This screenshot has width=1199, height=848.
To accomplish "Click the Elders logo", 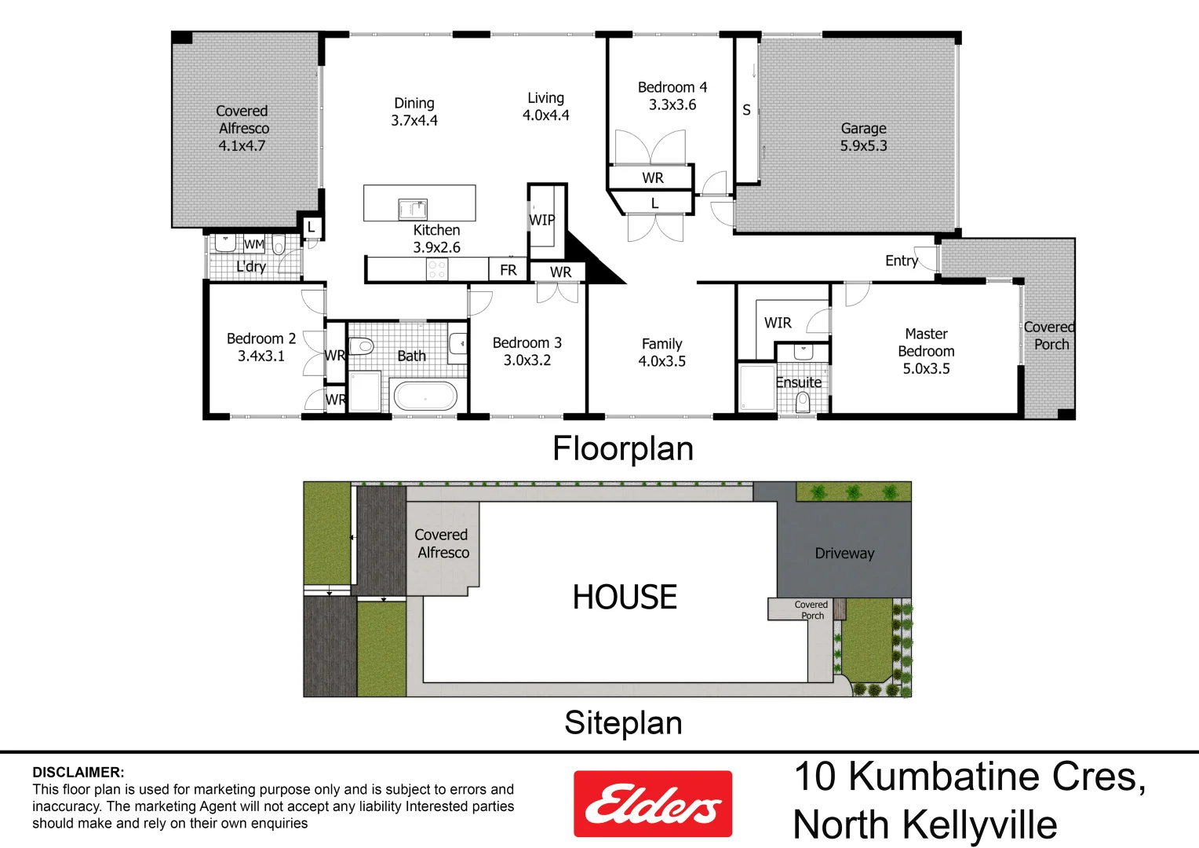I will tap(653, 803).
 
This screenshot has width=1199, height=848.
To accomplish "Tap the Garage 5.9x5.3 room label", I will tap(863, 137).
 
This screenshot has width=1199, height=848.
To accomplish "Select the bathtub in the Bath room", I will tap(425, 397).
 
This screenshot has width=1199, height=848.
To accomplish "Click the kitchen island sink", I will tap(412, 209).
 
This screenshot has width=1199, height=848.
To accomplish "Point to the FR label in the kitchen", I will tap(508, 270).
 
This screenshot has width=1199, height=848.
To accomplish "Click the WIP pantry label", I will tap(542, 220).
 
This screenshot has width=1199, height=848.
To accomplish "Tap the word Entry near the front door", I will tap(901, 261).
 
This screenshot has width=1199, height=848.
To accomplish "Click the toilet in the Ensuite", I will tap(803, 401).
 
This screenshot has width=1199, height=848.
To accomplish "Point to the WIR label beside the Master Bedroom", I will tap(778, 323).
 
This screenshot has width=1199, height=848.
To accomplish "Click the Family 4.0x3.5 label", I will tap(661, 353).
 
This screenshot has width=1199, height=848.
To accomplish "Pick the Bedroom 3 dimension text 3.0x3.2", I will tap(527, 360).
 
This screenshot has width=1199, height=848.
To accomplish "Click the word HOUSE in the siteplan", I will tap(625, 597).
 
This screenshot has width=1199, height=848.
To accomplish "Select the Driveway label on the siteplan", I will tap(844, 554).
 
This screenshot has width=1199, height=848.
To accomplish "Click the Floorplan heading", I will tap(623, 449).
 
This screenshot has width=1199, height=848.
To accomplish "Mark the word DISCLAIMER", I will tap(78, 773).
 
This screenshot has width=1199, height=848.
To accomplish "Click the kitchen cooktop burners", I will tap(437, 270).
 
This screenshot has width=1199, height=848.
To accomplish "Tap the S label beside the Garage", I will tap(746, 110).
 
